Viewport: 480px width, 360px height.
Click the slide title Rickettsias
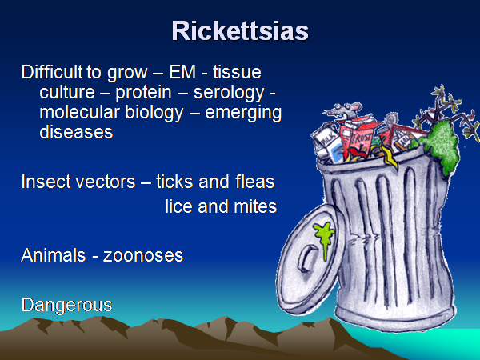(240, 31)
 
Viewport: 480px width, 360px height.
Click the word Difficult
(52, 72)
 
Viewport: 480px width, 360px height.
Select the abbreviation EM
(182, 72)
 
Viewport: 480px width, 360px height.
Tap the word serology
(229, 93)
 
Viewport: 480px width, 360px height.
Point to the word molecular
(79, 112)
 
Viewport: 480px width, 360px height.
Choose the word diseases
(76, 132)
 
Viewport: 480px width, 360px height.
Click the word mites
(255, 206)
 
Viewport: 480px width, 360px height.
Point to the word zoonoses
(143, 256)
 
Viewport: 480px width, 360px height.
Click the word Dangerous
(66, 306)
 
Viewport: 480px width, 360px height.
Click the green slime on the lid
(324, 238)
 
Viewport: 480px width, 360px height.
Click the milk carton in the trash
(328, 143)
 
